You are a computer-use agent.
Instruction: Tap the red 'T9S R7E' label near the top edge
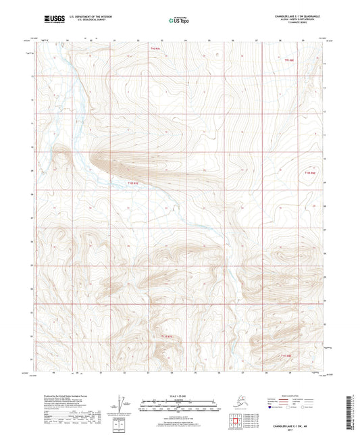[156, 49]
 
